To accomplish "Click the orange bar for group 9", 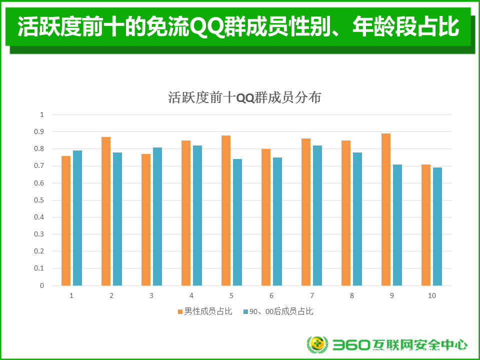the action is point(385,209).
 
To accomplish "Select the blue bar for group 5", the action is point(237,222).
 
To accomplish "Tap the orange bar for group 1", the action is point(66,220).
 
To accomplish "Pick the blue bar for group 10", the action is point(437,226).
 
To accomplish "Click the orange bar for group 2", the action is point(106,211).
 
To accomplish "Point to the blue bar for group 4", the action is point(197,215).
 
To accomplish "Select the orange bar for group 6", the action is point(266,217).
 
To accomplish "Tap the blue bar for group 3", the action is point(157,216).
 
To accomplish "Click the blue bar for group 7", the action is point(317,215).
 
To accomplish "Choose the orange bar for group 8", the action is point(346,213).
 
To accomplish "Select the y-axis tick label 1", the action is point(42,115).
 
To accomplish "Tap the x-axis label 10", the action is point(432,295).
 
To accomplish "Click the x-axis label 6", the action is point(271,295).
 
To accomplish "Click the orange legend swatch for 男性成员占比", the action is point(180,311).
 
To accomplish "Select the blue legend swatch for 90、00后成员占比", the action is point(245,311).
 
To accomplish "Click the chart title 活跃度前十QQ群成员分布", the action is point(244,97).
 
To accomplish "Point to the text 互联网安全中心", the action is point(420,345).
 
